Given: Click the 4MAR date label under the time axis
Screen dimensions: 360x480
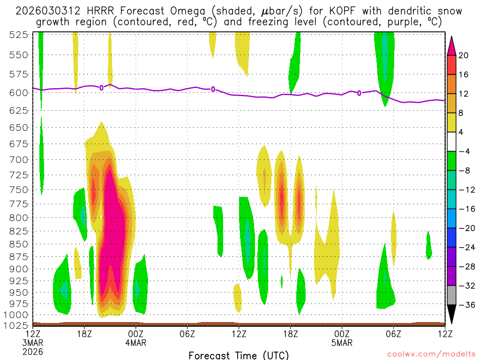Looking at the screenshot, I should pyautogui.click(x=135, y=343).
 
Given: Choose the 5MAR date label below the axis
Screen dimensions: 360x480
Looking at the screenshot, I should pyautogui.click(x=342, y=343).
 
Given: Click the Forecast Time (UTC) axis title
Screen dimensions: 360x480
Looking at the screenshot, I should pyautogui.click(x=239, y=354).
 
